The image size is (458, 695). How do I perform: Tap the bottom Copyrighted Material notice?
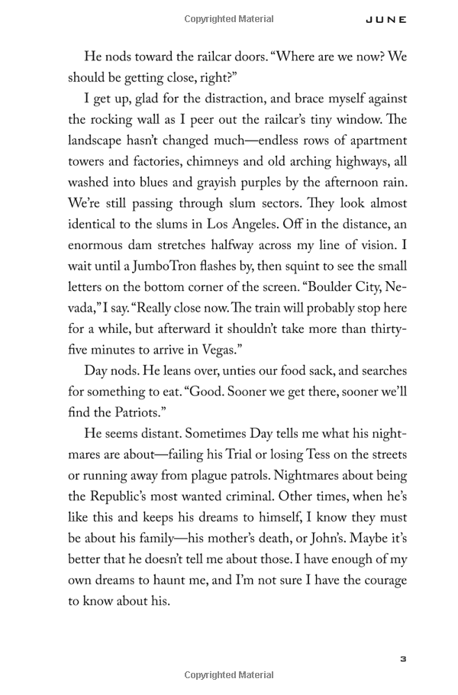click(228, 674)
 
